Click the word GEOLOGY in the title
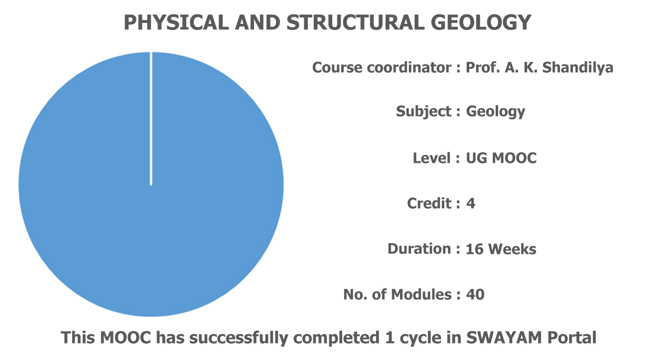coord(481,22)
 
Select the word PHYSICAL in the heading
coord(176,22)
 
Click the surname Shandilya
coord(578,68)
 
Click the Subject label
coord(424,112)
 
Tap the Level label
coord(432,158)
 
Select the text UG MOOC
coord(501,158)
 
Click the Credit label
coord(429,204)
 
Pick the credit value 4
coord(471,204)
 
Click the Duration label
coord(419,249)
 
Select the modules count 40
coord(475,295)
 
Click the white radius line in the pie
coord(151,119)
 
